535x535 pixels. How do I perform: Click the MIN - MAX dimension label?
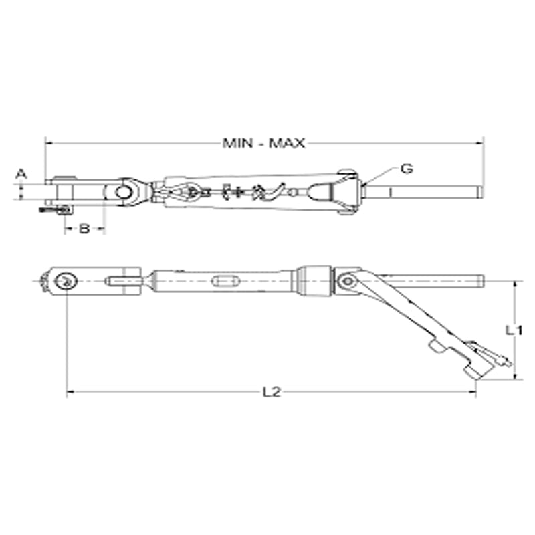pos(264,143)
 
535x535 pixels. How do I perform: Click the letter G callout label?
pos(406,169)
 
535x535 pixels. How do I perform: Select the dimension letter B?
pos(84,229)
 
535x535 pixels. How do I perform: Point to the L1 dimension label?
pos(513,330)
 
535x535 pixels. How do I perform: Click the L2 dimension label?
pos(271,393)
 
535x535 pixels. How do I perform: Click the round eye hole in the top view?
pos(123,193)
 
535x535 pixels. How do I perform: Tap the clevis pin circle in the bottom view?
pos(66,281)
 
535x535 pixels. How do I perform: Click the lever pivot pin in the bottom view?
pos(346,282)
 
